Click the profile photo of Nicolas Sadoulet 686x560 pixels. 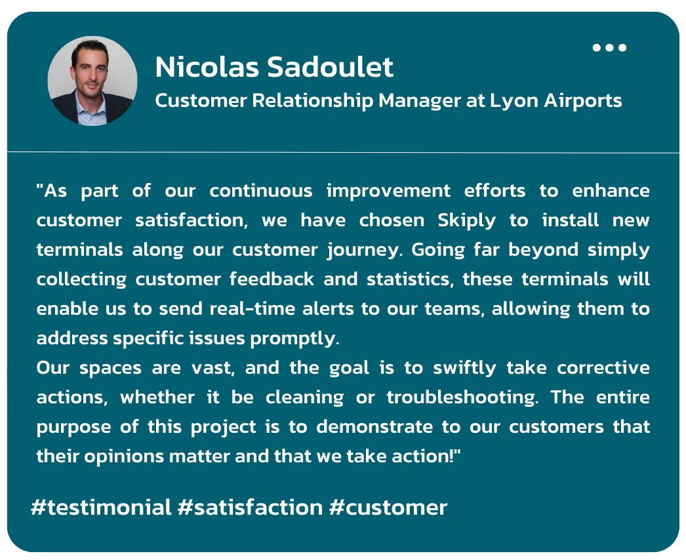tap(92, 81)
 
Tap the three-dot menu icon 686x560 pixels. tap(609, 47)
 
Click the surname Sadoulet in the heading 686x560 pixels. tap(331, 67)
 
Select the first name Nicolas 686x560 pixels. tap(207, 67)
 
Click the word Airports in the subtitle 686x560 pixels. tap(583, 101)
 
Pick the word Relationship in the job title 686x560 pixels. tap(312, 101)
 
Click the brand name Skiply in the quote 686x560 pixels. tap(467, 220)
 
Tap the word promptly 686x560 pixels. tap(294, 338)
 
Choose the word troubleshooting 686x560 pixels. tap(462, 397)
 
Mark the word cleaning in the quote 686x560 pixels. tap(304, 397)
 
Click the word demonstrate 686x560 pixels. tap(374, 427)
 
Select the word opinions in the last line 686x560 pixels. tap(124, 457)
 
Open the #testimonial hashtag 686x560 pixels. tap(101, 508)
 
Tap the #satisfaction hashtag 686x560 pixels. tap(251, 508)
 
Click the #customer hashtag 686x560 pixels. tap(388, 508)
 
